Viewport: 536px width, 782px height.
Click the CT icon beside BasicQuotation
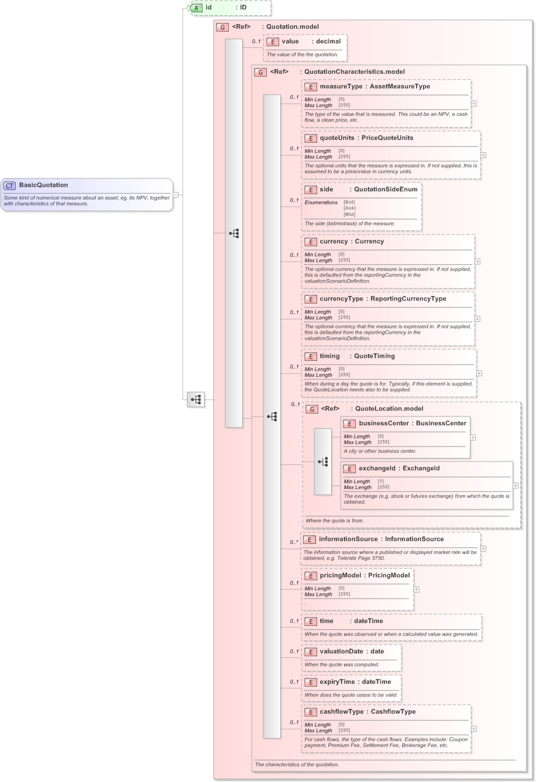tap(10, 185)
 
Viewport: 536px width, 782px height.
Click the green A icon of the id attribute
tap(197, 8)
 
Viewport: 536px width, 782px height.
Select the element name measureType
tap(341, 87)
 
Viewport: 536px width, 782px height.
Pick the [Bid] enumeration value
tap(349, 202)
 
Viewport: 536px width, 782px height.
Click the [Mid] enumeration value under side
tap(349, 214)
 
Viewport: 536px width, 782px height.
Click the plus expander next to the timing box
tap(479, 373)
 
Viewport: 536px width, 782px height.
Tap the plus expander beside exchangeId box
tap(516, 485)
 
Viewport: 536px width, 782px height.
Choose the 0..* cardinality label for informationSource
tap(294, 542)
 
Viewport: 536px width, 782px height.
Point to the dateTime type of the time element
tap(368, 621)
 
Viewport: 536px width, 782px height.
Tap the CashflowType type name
tap(393, 712)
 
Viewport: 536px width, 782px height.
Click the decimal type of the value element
tap(328, 42)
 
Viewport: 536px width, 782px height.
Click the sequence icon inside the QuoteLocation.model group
tap(323, 461)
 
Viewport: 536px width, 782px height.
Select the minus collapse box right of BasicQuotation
tap(176, 195)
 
